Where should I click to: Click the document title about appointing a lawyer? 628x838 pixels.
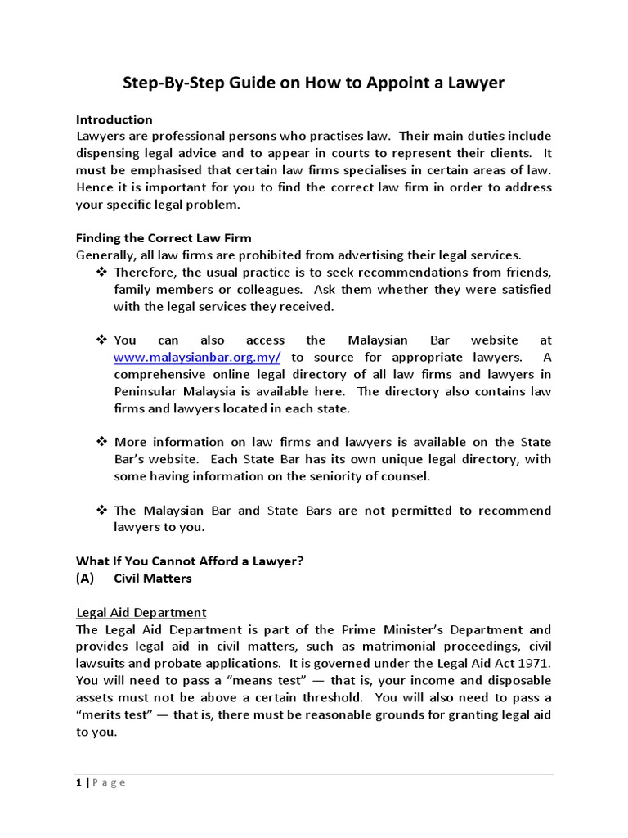coord(313,83)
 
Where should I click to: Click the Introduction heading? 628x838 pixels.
coord(114,119)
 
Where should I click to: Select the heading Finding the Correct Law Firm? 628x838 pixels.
coord(164,238)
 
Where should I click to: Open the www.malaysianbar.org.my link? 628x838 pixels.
coord(197,358)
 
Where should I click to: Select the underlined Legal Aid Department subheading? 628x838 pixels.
coord(141,612)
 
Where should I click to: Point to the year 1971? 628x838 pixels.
coord(536,664)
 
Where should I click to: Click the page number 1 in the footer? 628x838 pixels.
coord(79,782)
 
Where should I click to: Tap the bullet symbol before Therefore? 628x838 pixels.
coord(102,272)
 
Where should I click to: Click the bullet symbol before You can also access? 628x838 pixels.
coord(102,340)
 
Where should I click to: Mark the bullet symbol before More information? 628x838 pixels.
coord(102,442)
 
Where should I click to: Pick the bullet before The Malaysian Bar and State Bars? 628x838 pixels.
coord(102,510)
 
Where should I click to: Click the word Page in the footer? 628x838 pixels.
coord(110,782)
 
